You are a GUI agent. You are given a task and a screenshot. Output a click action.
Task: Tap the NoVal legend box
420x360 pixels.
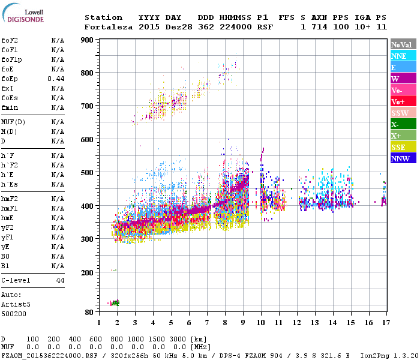click(403, 44)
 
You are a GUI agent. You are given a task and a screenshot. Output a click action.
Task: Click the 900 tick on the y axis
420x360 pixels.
click(88, 40)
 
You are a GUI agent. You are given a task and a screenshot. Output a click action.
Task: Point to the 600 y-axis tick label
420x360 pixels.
click(88, 140)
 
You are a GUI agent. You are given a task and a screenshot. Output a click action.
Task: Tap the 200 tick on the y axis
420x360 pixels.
click(88, 272)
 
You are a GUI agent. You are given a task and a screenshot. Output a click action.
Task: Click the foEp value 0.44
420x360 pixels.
click(56, 79)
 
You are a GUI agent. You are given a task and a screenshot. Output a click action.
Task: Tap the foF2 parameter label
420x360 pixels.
click(10, 40)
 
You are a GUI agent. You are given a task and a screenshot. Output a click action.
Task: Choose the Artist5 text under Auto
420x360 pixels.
click(16, 304)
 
